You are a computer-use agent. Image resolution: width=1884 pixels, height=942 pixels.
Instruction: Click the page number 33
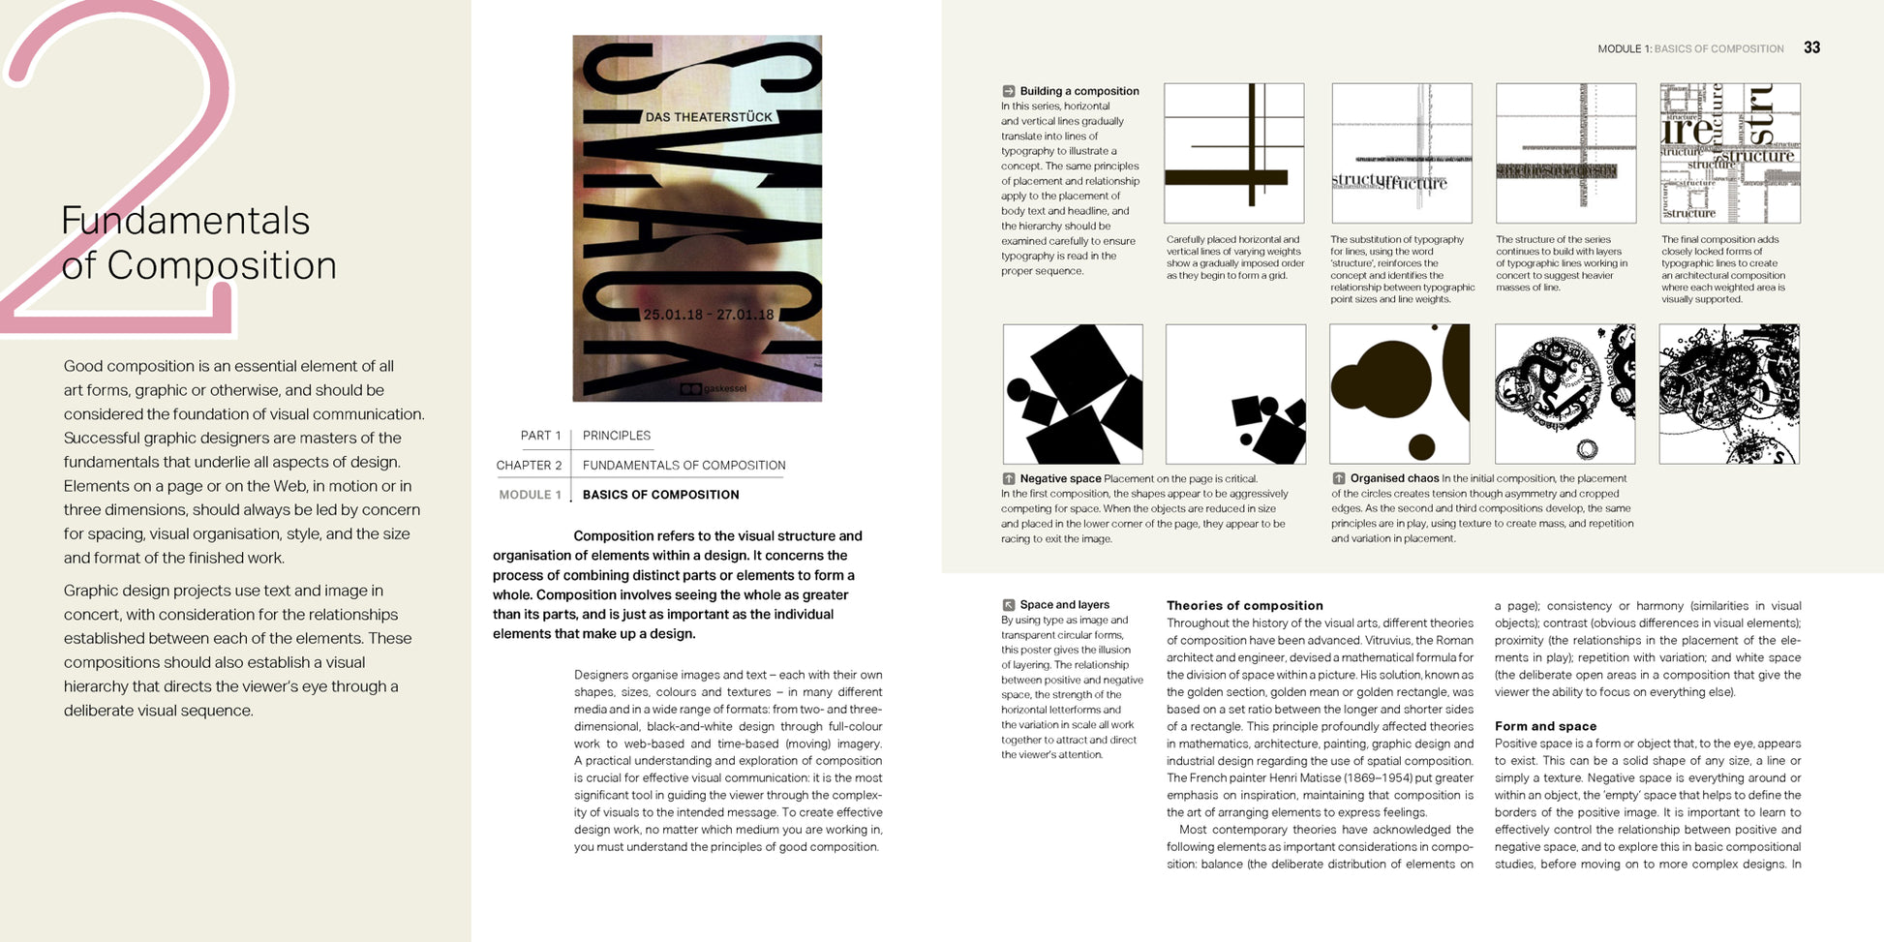pyautogui.click(x=1811, y=47)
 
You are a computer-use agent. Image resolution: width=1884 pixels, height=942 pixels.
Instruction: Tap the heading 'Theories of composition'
pyautogui.click(x=1244, y=605)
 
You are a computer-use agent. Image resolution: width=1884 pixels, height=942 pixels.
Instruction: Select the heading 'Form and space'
pyautogui.click(x=1545, y=726)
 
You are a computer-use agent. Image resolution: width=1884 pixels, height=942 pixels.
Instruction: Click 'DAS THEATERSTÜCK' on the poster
pyautogui.click(x=709, y=117)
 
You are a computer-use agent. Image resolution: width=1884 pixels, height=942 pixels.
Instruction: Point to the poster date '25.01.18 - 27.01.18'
pyautogui.click(x=709, y=315)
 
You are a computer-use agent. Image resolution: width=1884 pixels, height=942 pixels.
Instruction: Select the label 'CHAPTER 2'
pyautogui.click(x=529, y=466)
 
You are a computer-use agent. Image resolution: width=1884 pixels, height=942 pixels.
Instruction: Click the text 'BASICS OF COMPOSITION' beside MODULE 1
pyautogui.click(x=660, y=495)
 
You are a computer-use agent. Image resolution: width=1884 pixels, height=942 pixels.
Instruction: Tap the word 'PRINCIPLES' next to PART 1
pyautogui.click(x=617, y=436)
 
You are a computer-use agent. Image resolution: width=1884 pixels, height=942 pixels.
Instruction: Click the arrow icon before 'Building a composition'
pyautogui.click(x=1009, y=91)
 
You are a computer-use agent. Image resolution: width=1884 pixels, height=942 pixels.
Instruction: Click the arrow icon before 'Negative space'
pyautogui.click(x=1009, y=478)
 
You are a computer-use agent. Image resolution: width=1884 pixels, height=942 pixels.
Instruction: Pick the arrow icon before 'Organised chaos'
pyautogui.click(x=1339, y=478)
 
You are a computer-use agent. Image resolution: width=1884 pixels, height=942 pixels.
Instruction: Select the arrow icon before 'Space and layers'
pyautogui.click(x=1009, y=604)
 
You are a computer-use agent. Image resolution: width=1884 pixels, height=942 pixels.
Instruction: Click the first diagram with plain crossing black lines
pyautogui.click(x=1233, y=153)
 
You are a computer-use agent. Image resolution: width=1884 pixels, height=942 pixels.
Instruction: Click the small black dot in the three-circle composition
pyautogui.click(x=1421, y=446)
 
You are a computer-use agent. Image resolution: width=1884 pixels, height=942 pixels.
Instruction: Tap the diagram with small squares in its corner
pyautogui.click(x=1235, y=394)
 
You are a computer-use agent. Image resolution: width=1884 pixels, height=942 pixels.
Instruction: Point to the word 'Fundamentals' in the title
pyautogui.click(x=185, y=221)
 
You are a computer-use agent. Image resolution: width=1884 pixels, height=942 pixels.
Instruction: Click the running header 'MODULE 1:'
pyautogui.click(x=1624, y=48)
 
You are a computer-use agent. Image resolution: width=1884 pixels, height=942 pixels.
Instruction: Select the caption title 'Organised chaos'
pyautogui.click(x=1394, y=478)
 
